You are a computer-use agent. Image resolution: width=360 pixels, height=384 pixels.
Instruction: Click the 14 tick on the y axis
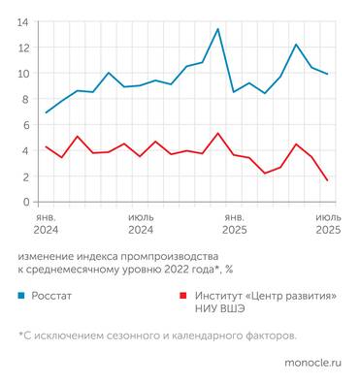23,21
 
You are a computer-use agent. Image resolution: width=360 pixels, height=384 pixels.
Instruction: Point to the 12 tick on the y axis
23,48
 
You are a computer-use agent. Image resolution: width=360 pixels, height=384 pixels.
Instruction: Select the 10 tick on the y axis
23,74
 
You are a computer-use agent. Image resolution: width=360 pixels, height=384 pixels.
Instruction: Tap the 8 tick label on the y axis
25,99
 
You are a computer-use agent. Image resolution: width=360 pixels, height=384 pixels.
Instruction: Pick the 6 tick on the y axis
25,125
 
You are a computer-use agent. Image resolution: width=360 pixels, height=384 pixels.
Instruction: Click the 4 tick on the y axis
25,150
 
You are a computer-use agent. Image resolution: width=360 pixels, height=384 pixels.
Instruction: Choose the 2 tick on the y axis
25,176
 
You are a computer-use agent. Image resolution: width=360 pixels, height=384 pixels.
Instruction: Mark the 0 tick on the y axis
25,202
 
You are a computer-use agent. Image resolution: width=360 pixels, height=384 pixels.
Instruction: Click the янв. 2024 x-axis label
46,225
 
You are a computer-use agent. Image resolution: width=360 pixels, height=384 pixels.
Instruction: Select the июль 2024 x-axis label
140,225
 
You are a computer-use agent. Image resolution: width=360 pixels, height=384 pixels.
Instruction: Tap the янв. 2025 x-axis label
234,225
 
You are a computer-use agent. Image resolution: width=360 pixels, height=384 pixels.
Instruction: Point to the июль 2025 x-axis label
328,225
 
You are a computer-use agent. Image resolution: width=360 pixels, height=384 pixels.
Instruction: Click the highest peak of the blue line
217,29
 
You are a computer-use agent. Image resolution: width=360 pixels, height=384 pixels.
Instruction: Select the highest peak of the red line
217,133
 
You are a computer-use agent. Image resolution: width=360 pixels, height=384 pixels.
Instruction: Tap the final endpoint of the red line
327,180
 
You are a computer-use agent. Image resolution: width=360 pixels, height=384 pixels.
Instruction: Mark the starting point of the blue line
46,112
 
